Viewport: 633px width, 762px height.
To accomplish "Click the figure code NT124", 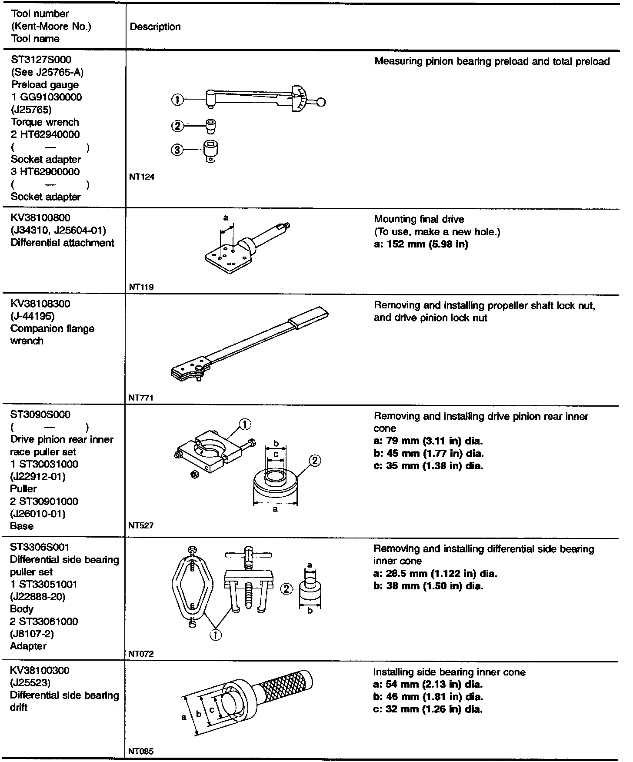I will (x=142, y=177).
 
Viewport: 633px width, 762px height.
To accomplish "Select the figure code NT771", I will (x=141, y=398).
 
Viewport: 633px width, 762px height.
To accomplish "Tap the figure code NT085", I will (x=141, y=751).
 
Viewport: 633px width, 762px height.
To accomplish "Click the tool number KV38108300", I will (x=40, y=304).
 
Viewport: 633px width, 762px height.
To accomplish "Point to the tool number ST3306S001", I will (x=40, y=547).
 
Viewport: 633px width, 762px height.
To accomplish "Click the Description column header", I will (x=155, y=27).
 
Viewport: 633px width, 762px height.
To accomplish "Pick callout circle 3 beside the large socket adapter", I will (x=177, y=150).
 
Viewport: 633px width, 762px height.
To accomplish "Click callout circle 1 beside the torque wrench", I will (x=177, y=100).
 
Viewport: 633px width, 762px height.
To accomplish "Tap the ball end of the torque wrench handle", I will (x=321, y=102).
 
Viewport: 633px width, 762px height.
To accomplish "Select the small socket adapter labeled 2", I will (x=211, y=126).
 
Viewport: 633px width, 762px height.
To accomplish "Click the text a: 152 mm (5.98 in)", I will (x=421, y=244).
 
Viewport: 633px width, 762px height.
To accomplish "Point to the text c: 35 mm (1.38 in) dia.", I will (x=428, y=466).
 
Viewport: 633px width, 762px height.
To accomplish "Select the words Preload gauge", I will (x=45, y=85).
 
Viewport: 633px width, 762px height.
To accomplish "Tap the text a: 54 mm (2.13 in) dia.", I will (x=428, y=684).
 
